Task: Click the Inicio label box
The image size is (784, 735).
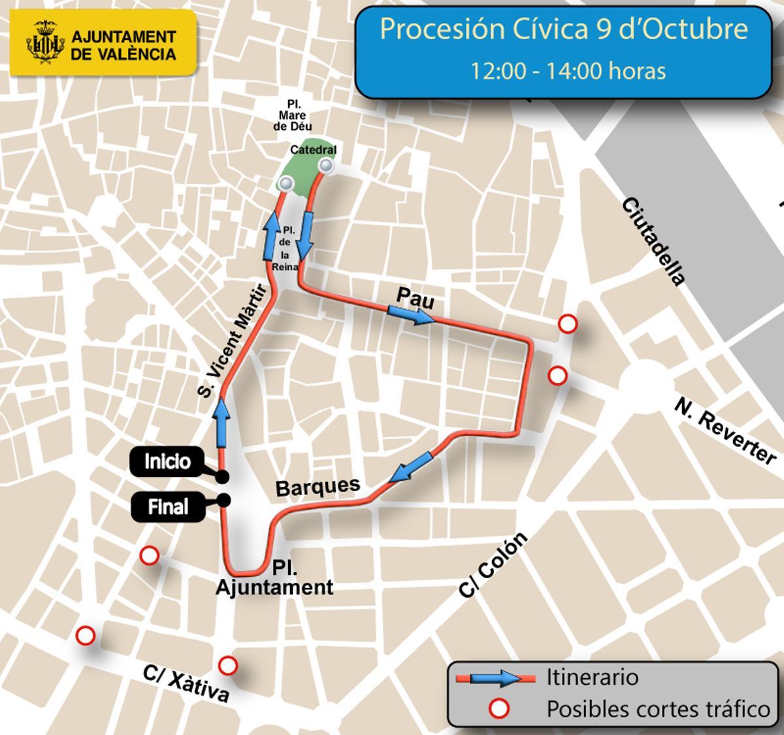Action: click(x=167, y=462)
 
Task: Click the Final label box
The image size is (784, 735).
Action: click(x=167, y=507)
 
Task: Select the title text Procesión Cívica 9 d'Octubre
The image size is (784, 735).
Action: click(x=563, y=30)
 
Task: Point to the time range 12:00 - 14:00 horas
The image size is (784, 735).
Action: click(x=568, y=71)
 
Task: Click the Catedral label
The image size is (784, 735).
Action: click(x=313, y=150)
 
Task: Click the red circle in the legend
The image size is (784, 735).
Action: click(x=500, y=708)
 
